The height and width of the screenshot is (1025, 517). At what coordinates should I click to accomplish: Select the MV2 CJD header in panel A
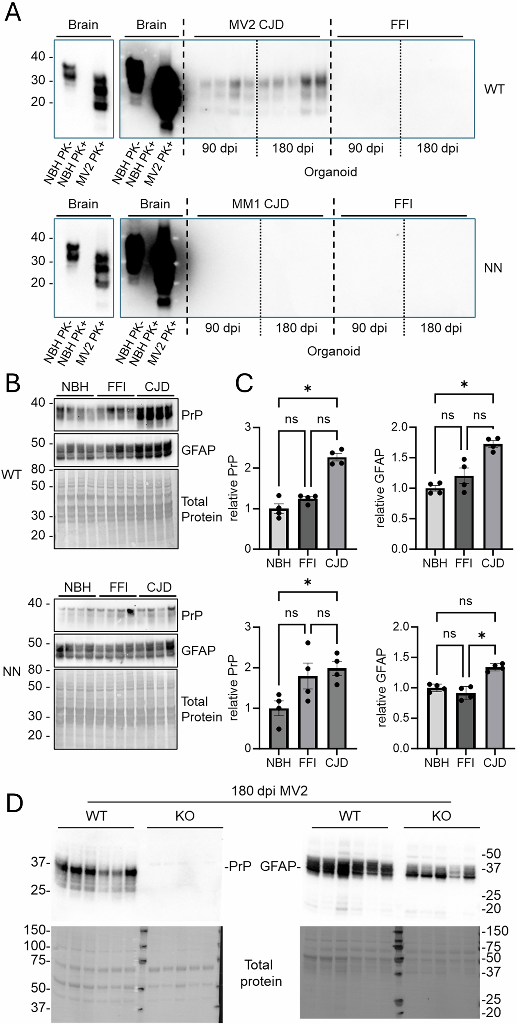click(256, 25)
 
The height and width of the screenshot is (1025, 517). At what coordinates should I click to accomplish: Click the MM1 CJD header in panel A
click(260, 204)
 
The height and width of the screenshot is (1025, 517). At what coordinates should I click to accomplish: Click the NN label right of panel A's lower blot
click(493, 268)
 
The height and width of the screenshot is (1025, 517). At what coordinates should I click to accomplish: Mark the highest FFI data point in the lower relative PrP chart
click(307, 643)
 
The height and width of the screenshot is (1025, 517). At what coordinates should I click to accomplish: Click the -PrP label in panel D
click(238, 866)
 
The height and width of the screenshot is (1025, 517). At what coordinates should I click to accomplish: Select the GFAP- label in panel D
click(278, 866)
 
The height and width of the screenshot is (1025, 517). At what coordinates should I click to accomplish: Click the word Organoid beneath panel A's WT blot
click(330, 172)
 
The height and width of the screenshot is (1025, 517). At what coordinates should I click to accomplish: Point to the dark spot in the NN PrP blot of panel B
click(131, 611)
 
